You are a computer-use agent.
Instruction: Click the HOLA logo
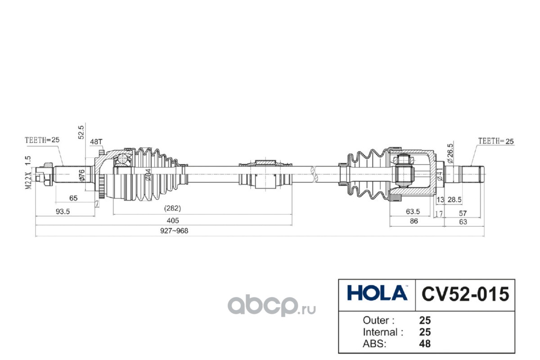tap(377, 293)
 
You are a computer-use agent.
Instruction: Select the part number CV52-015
tap(465, 294)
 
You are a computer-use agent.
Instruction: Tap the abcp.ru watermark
tap(272, 305)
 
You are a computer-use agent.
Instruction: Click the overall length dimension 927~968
tap(174, 231)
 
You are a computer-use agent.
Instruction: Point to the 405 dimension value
tap(173, 220)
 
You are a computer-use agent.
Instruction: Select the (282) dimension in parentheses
tap(172, 208)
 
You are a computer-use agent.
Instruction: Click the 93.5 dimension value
tap(63, 211)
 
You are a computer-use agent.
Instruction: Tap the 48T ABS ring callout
tap(96, 142)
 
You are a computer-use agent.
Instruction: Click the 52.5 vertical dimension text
tap(81, 132)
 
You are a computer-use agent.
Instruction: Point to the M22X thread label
tap(28, 180)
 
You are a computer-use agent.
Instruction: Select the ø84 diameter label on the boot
tap(148, 175)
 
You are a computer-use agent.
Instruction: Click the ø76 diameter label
tap(82, 175)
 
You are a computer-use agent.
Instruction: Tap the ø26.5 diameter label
tap(450, 153)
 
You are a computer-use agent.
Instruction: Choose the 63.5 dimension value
tap(413, 211)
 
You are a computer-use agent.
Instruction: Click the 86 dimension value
tap(414, 221)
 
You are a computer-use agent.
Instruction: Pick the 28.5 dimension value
tap(454, 200)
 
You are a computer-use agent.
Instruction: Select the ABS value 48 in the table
tap(425, 344)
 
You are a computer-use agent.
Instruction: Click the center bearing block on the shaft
tap(265, 174)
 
